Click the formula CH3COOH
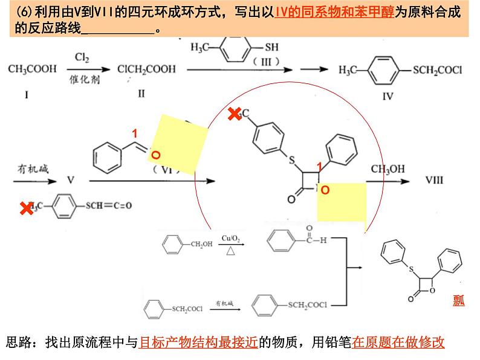coord(31,69)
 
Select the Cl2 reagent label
coord(82,58)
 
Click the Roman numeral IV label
coord(388,95)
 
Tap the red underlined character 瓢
coord(459,300)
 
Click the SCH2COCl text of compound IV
coord(437,70)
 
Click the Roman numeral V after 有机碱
coord(70,180)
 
